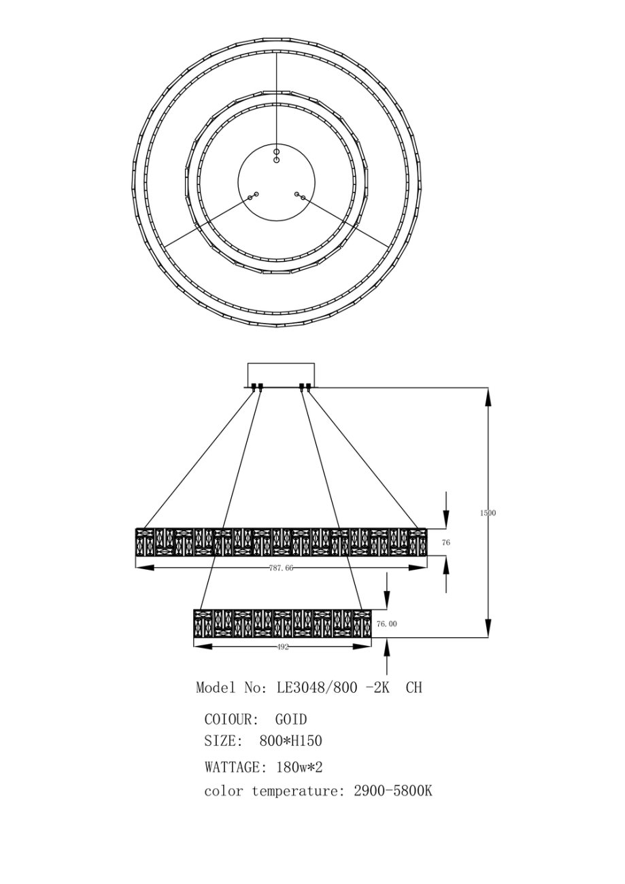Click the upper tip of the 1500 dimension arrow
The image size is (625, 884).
pos(488,388)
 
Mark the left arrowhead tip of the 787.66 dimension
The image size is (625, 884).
pos(135,568)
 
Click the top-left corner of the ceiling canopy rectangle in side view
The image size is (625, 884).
pos(248,363)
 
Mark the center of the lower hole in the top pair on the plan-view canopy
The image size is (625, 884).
pos(277,160)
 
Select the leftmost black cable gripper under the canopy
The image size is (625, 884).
pos(254,387)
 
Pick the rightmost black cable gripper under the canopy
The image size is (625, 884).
pos(308,387)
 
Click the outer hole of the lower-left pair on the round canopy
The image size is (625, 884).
pos(250,197)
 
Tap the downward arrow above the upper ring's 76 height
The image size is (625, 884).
pos(446,510)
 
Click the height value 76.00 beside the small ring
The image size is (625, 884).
pos(387,624)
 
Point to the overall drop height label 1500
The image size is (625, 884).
pos(488,513)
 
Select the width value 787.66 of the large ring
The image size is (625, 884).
pos(282,568)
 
